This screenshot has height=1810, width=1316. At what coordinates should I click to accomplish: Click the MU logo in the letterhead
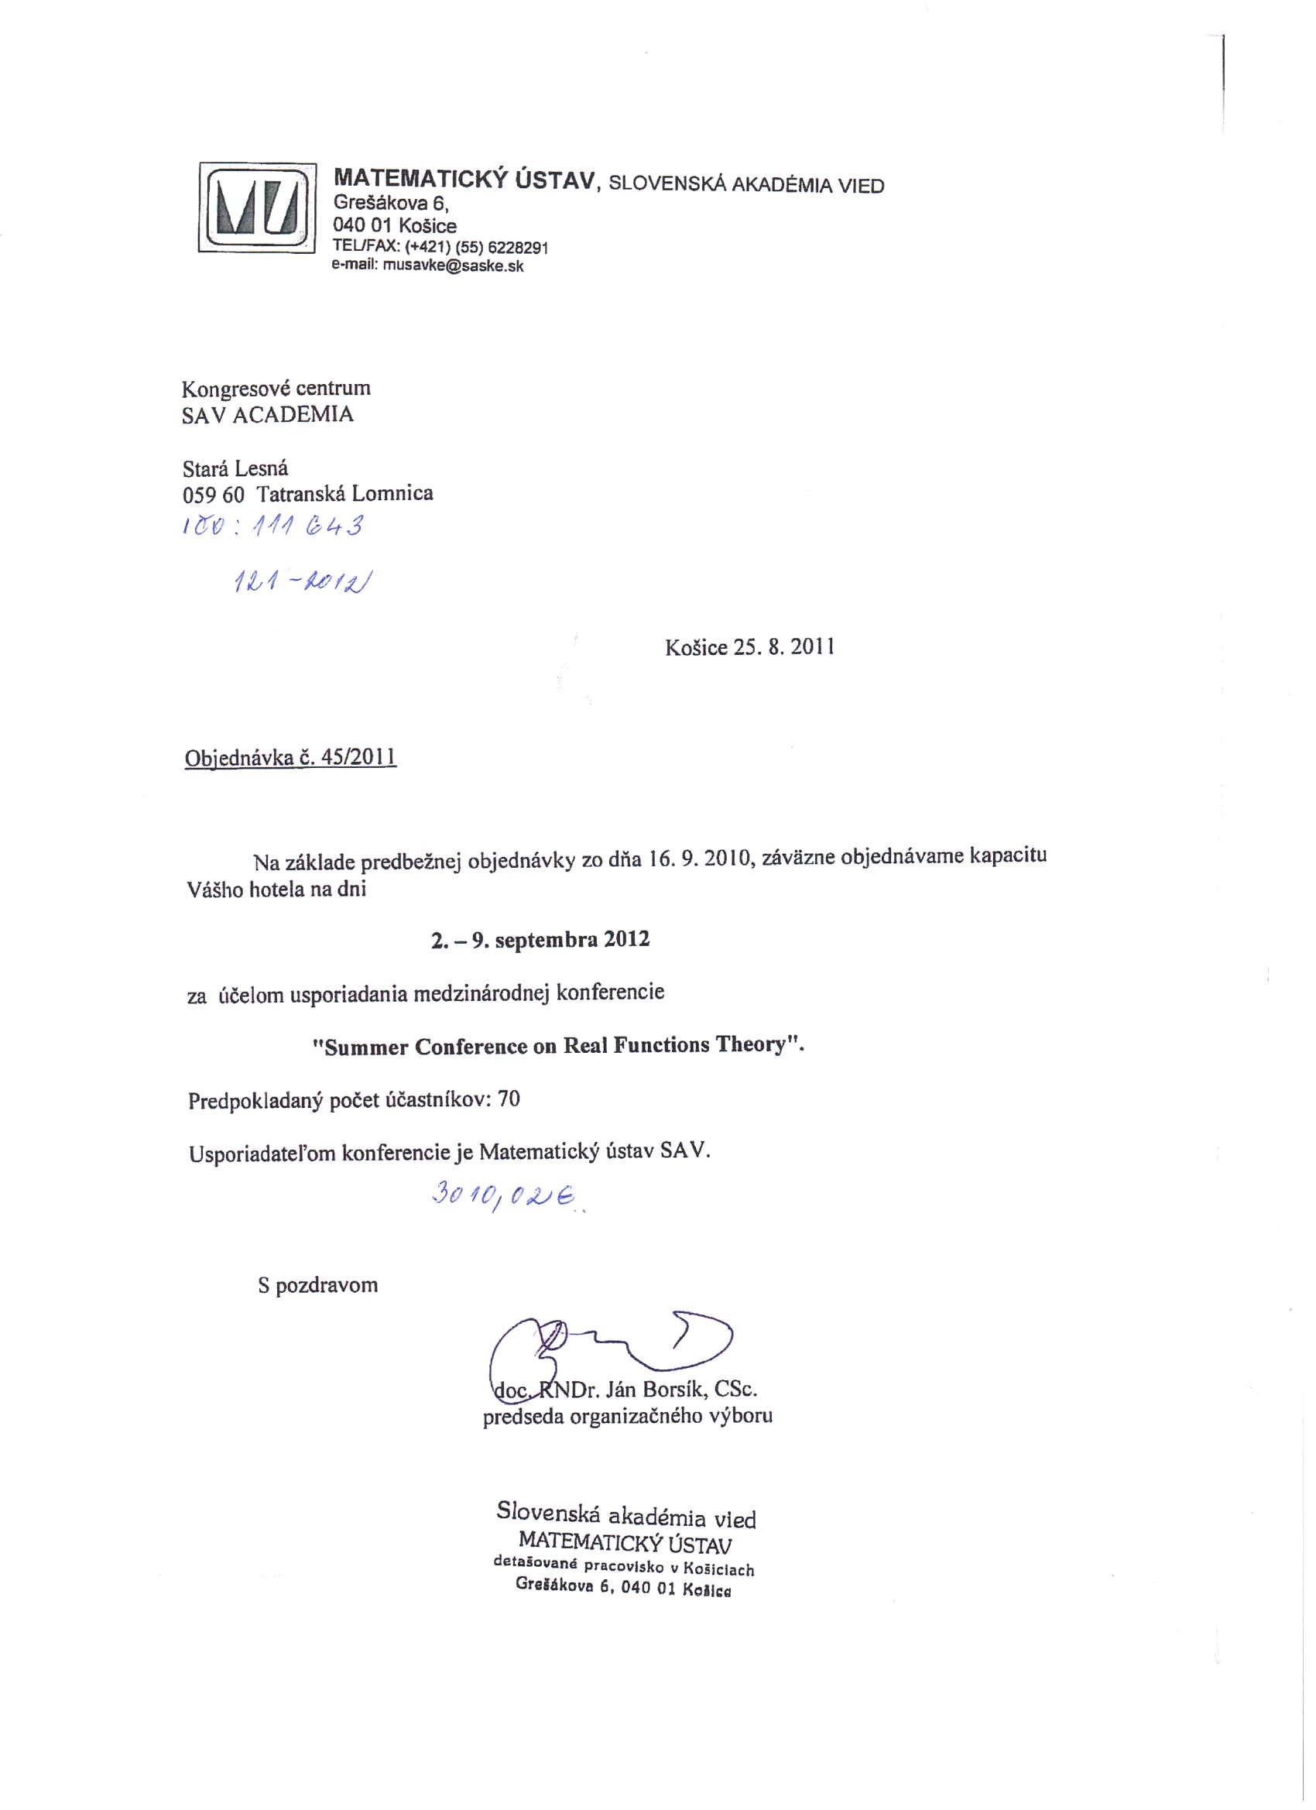coord(257,208)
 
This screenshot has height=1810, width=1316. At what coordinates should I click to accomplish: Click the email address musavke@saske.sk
coord(454,266)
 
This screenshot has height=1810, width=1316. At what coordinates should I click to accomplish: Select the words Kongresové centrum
coord(276,389)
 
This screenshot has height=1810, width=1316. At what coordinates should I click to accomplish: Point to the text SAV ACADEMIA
coord(267,415)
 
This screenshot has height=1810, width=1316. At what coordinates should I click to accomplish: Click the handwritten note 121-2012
coord(303,584)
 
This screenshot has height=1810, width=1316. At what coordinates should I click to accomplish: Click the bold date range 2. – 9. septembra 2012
coord(540,940)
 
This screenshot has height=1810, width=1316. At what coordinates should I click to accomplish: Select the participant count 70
coord(509,1100)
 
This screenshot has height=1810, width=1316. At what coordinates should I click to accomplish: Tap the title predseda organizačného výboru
coord(627,1417)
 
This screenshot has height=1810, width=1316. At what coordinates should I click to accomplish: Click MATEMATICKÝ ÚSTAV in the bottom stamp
coord(625,1541)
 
